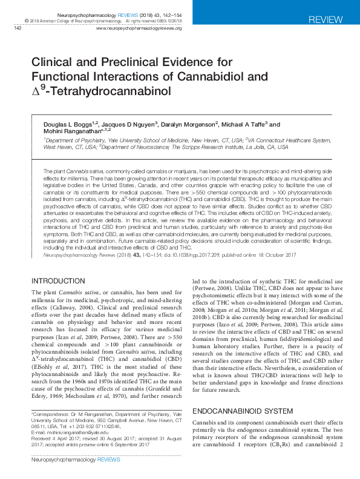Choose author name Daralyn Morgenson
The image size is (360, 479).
189,124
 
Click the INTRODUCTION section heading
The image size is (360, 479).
59,281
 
